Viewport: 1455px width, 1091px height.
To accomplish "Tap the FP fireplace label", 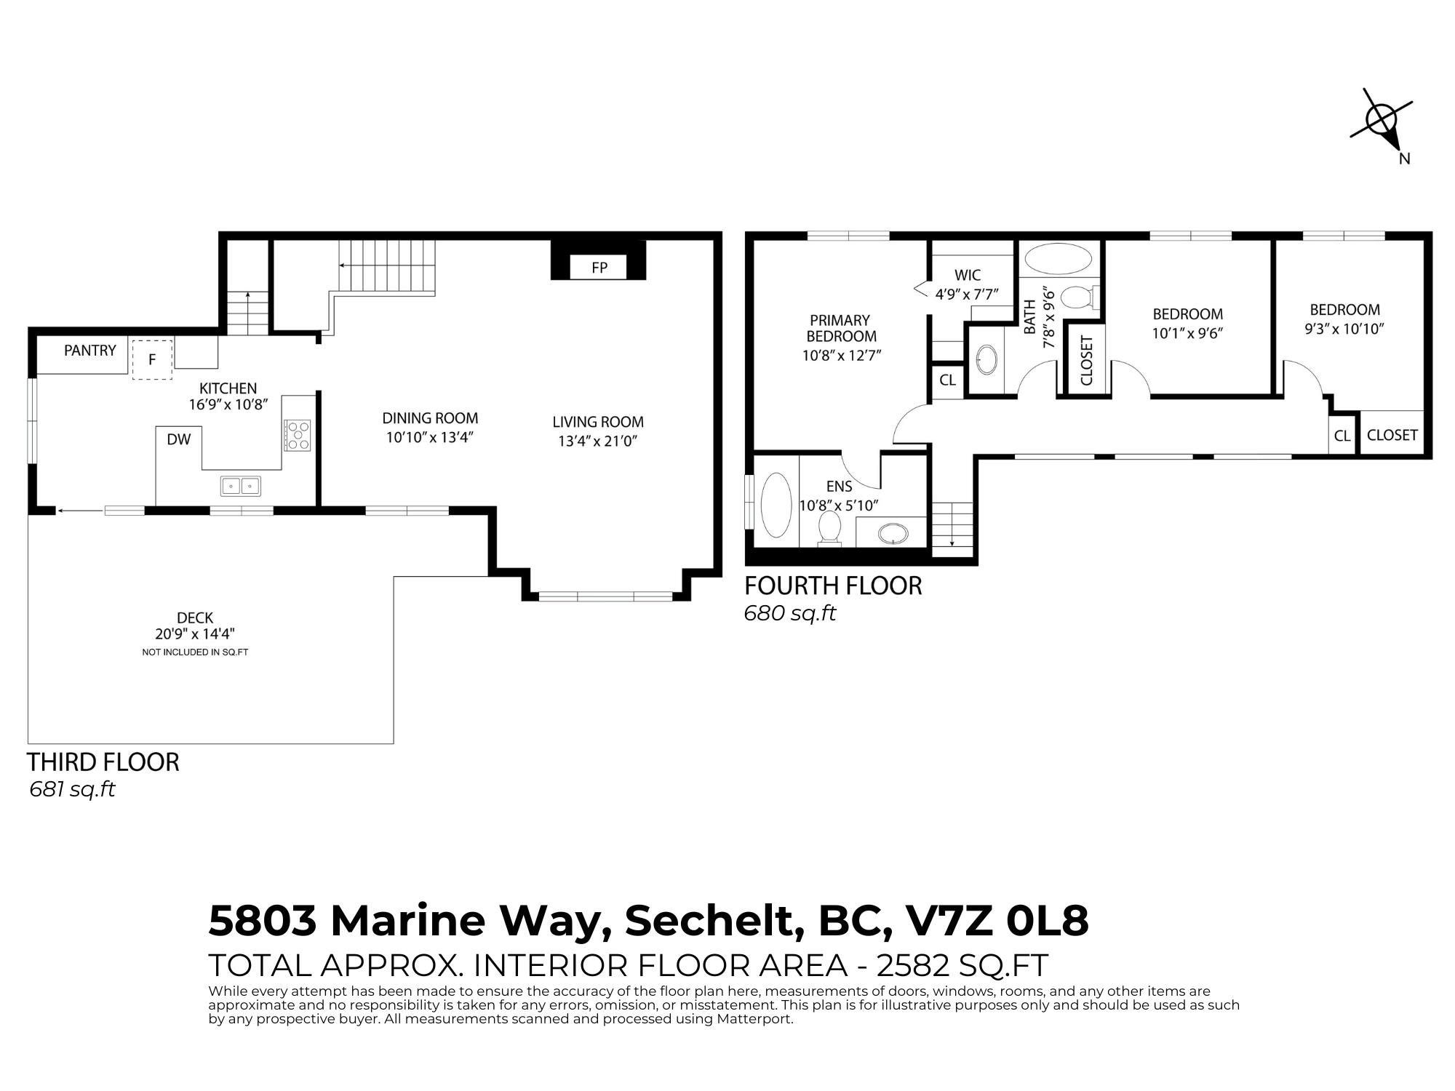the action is click(599, 267).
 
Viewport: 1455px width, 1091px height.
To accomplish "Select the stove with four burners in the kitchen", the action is click(297, 435).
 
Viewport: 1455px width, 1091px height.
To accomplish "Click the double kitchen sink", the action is click(241, 485).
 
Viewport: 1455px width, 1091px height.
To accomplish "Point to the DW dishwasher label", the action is click(179, 439).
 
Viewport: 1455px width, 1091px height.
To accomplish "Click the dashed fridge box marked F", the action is click(152, 359).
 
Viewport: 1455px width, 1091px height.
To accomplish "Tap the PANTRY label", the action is click(90, 351).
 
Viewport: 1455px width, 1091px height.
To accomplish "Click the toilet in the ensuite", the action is click(829, 528).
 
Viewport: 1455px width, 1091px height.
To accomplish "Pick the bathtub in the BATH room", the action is click(1058, 258).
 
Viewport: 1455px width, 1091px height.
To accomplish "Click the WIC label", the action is click(967, 276).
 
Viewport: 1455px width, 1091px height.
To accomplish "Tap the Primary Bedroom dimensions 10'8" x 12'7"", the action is click(842, 356).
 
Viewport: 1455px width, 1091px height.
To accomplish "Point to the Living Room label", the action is click(598, 422).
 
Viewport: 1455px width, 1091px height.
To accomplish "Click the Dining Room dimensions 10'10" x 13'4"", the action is click(430, 438).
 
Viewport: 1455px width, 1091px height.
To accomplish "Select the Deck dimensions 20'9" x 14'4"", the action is click(195, 634).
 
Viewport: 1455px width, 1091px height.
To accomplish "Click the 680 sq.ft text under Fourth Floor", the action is click(789, 613).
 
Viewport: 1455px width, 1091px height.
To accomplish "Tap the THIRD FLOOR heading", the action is click(103, 762).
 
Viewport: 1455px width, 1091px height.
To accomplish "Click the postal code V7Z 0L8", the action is click(995, 921).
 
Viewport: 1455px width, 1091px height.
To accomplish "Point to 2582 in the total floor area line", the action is click(913, 965).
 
